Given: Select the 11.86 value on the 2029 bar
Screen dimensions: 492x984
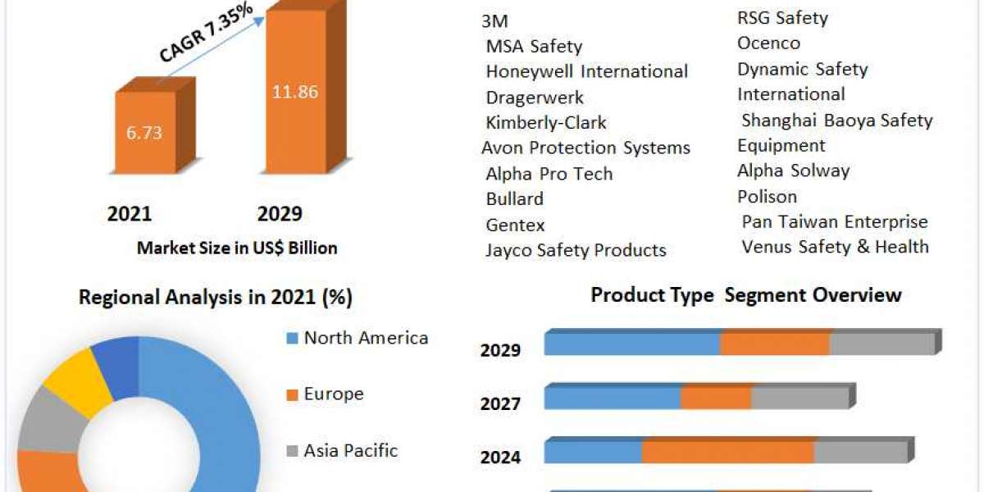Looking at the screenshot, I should (294, 92).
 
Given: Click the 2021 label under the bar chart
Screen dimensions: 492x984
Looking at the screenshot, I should (129, 214).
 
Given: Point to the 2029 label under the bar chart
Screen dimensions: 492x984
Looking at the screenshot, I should (280, 214).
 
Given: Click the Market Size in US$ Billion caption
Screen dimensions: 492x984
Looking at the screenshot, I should (237, 248).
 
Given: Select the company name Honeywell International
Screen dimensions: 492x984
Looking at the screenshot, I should (586, 72).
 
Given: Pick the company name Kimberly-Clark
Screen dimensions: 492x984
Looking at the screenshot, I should (546, 123).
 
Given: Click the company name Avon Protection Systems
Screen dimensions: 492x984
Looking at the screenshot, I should (585, 148).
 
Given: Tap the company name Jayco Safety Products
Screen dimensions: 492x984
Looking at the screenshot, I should (576, 250).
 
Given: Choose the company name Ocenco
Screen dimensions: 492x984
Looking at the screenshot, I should (768, 43).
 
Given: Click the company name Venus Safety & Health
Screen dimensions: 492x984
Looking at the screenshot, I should (835, 247).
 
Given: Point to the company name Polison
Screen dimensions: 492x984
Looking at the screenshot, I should (767, 197).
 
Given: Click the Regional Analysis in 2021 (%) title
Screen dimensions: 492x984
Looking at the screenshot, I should (216, 298).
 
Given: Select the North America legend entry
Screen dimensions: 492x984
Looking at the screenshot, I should (365, 338).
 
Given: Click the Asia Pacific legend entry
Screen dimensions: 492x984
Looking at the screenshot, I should (350, 450).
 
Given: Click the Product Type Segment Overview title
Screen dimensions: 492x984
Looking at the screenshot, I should (746, 295).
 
